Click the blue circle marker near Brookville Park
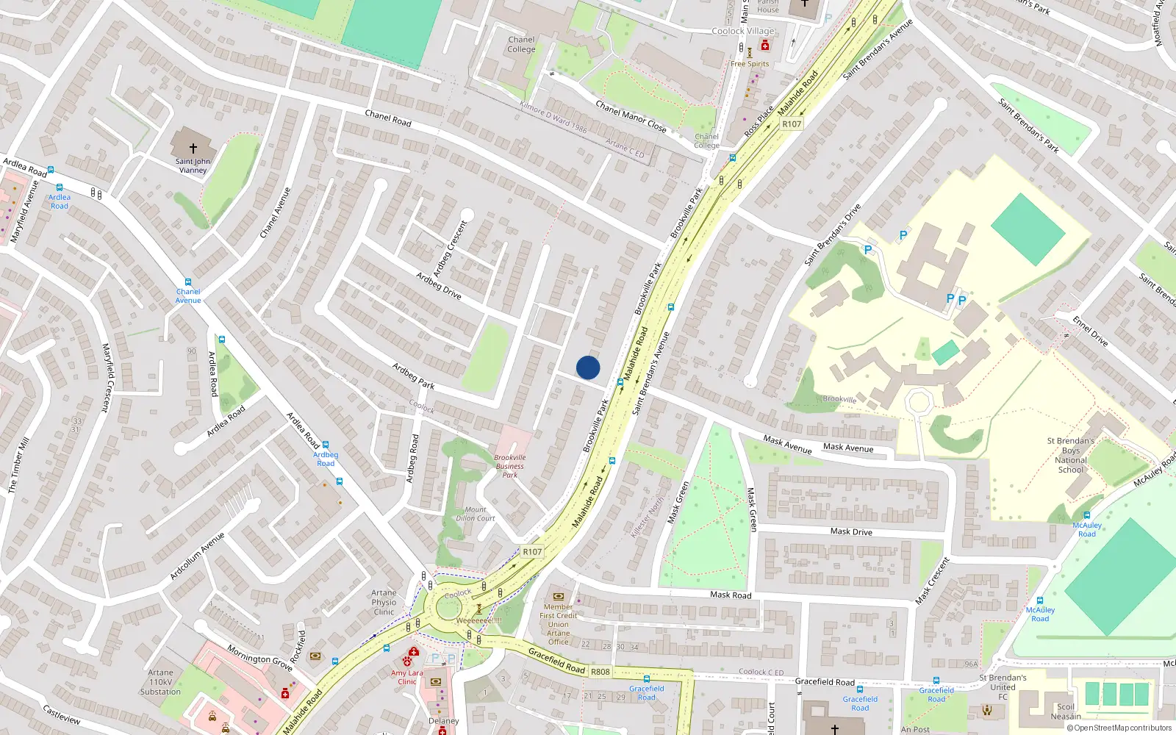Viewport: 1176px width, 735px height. (588, 367)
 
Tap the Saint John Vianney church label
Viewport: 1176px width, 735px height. (193, 165)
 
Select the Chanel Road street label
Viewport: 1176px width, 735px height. (388, 118)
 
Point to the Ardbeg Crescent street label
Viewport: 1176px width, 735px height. (450, 248)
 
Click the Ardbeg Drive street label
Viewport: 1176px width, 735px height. (439, 286)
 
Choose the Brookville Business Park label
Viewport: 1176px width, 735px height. (510, 466)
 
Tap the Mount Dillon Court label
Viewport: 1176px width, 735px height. (476, 514)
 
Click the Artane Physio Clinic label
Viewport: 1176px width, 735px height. (384, 602)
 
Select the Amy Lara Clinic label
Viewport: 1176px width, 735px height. (406, 677)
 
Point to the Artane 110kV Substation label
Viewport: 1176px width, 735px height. (160, 682)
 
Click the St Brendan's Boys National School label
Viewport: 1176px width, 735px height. (1071, 455)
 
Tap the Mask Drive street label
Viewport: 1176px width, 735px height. (851, 531)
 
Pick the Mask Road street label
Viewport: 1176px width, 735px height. (731, 595)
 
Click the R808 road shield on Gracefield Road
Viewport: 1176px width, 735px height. (600, 671)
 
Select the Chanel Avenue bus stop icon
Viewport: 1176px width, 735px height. (188, 282)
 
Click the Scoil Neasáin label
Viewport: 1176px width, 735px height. (1066, 711)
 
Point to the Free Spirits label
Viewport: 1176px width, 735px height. (750, 64)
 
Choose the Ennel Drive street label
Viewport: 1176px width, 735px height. (1090, 331)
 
